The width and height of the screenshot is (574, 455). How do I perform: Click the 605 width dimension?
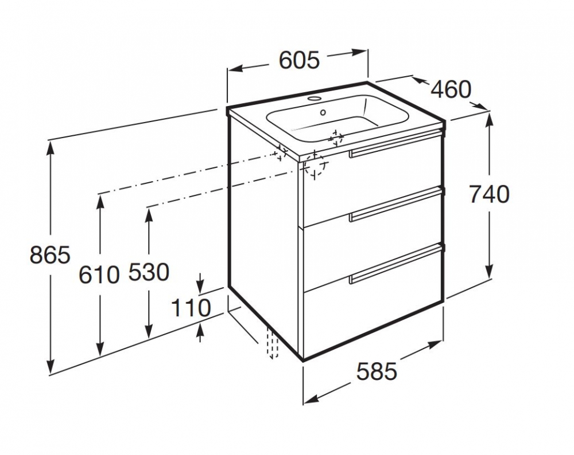pyautogui.click(x=298, y=60)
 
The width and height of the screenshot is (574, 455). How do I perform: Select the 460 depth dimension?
pyautogui.click(x=451, y=89)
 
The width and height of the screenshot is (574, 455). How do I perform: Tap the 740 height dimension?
pyautogui.click(x=489, y=195)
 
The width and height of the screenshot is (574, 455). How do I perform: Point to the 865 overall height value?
pyautogui.click(x=50, y=254)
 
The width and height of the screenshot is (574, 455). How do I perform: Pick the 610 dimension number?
pyautogui.click(x=99, y=274)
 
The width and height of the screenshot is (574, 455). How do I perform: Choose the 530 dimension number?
pyautogui.click(x=149, y=272)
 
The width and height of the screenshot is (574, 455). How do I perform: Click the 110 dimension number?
pyautogui.click(x=192, y=308)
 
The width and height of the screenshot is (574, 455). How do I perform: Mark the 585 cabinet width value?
pyautogui.click(x=377, y=372)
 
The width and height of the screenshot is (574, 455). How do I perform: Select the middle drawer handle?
pyautogui.click(x=395, y=204)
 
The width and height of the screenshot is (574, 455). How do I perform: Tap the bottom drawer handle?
pyautogui.click(x=395, y=264)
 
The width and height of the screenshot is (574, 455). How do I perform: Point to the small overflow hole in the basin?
pyautogui.click(x=324, y=112)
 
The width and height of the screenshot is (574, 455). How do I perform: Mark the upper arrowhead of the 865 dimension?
pyautogui.click(x=51, y=146)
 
